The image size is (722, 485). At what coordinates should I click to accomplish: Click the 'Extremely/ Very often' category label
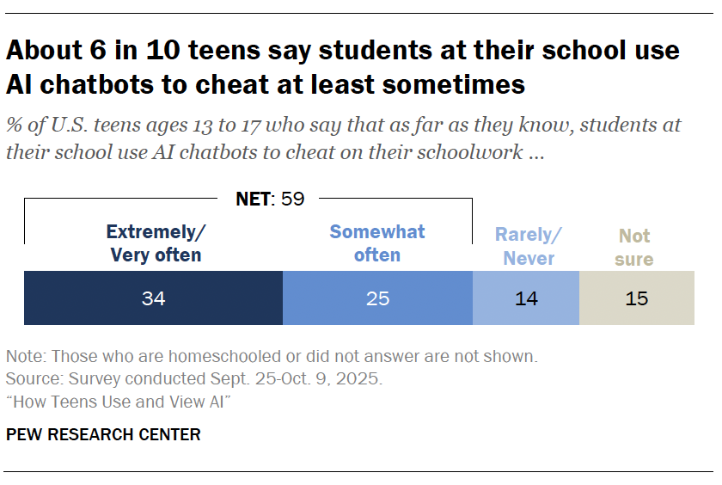coord(155,243)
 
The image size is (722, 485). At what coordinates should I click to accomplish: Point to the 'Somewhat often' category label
coord(377,243)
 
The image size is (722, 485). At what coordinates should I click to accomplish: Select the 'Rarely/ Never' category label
coord(528,246)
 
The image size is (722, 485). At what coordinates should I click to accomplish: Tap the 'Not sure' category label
coord(634,247)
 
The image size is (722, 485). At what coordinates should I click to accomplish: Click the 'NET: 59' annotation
coord(270,200)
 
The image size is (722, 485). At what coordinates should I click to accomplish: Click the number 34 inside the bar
coord(154,298)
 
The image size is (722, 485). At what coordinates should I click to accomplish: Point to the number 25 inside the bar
coord(377,298)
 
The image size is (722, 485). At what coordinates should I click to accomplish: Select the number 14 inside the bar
coord(526,298)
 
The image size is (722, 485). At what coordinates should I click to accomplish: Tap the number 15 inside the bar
coord(636,298)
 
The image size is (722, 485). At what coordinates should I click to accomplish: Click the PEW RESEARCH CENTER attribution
coord(103,434)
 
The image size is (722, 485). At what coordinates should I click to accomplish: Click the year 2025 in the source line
coord(362,378)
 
